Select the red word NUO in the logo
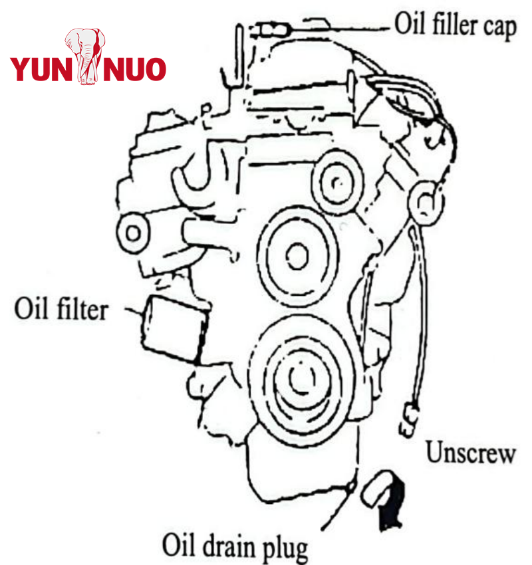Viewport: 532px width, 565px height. [x=133, y=69]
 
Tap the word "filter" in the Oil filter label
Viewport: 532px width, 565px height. [x=79, y=308]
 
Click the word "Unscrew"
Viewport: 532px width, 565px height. [x=470, y=453]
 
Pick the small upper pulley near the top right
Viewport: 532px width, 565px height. [x=335, y=181]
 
